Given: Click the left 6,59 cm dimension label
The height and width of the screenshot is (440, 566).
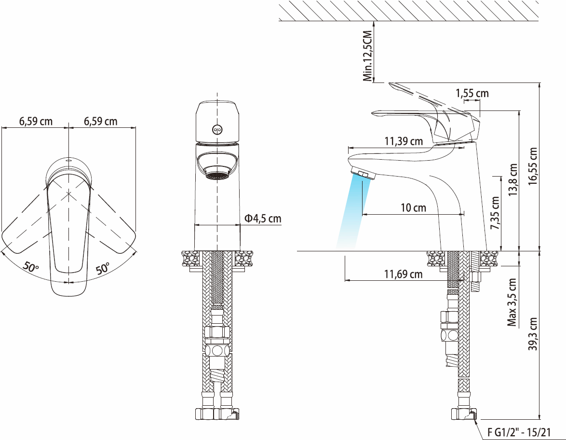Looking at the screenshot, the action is pos(36,121).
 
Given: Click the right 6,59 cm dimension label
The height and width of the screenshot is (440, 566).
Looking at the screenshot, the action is pos(101,121).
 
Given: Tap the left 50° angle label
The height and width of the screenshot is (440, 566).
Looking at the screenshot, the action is pos(31,267).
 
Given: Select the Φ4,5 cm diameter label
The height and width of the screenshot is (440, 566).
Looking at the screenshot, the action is pos(263,218).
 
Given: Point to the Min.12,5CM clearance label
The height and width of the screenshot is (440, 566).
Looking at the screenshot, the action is pos(368,55).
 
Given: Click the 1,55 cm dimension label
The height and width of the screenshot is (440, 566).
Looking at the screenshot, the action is pos(472,93).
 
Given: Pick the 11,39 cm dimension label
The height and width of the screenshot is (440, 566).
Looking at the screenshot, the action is pos(404,141).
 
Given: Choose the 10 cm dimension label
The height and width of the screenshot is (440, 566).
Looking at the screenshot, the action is pos(413,208).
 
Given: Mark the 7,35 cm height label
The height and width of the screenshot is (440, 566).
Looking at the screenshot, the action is pos(495,213).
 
